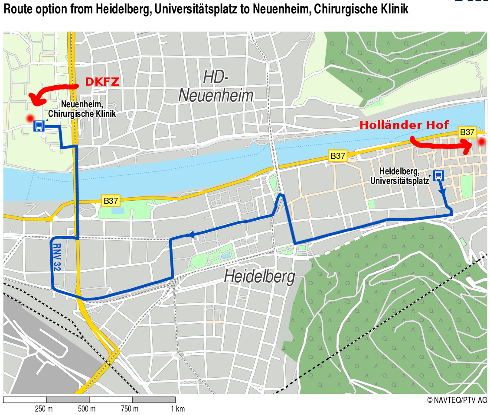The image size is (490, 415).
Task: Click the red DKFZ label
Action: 102,82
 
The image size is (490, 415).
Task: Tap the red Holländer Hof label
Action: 404,125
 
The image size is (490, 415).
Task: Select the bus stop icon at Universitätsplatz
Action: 438,175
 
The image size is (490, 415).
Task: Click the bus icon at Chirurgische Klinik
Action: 39,126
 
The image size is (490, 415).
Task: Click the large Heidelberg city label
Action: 259,276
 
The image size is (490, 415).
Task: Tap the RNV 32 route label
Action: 57,257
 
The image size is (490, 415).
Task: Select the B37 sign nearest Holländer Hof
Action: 467,132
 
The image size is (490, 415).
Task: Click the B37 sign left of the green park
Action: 111,201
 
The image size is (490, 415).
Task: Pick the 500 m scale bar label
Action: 87,409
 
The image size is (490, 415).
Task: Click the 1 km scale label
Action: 177,409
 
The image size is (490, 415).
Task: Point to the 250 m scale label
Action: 44,409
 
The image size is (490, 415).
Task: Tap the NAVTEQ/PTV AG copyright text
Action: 457,400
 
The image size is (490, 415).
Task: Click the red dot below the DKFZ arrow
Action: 30,118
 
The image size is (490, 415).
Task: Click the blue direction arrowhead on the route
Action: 189,235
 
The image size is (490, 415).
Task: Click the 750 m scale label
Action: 130,409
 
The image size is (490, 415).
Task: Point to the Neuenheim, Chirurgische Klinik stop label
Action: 82,109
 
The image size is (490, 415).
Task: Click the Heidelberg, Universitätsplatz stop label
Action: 399,176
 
